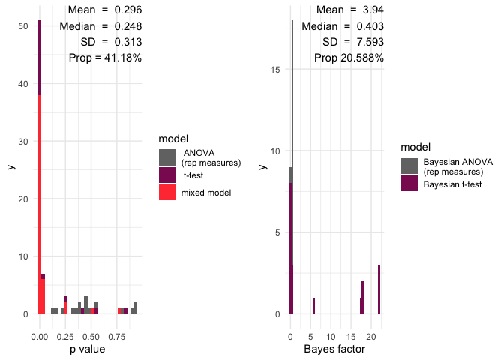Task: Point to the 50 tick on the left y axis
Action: coord(23,26)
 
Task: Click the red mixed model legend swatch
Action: coord(167,192)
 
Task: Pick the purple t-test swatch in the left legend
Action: coord(167,175)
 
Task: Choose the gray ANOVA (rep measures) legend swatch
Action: coord(167,157)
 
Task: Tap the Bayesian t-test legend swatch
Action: coord(409,183)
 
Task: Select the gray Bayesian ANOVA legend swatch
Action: coord(409,166)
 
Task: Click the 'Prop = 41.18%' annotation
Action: coord(105,58)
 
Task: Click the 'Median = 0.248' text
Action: coord(100,26)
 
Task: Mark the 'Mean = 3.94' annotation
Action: coord(350,10)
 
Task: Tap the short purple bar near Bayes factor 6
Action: coord(313,305)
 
